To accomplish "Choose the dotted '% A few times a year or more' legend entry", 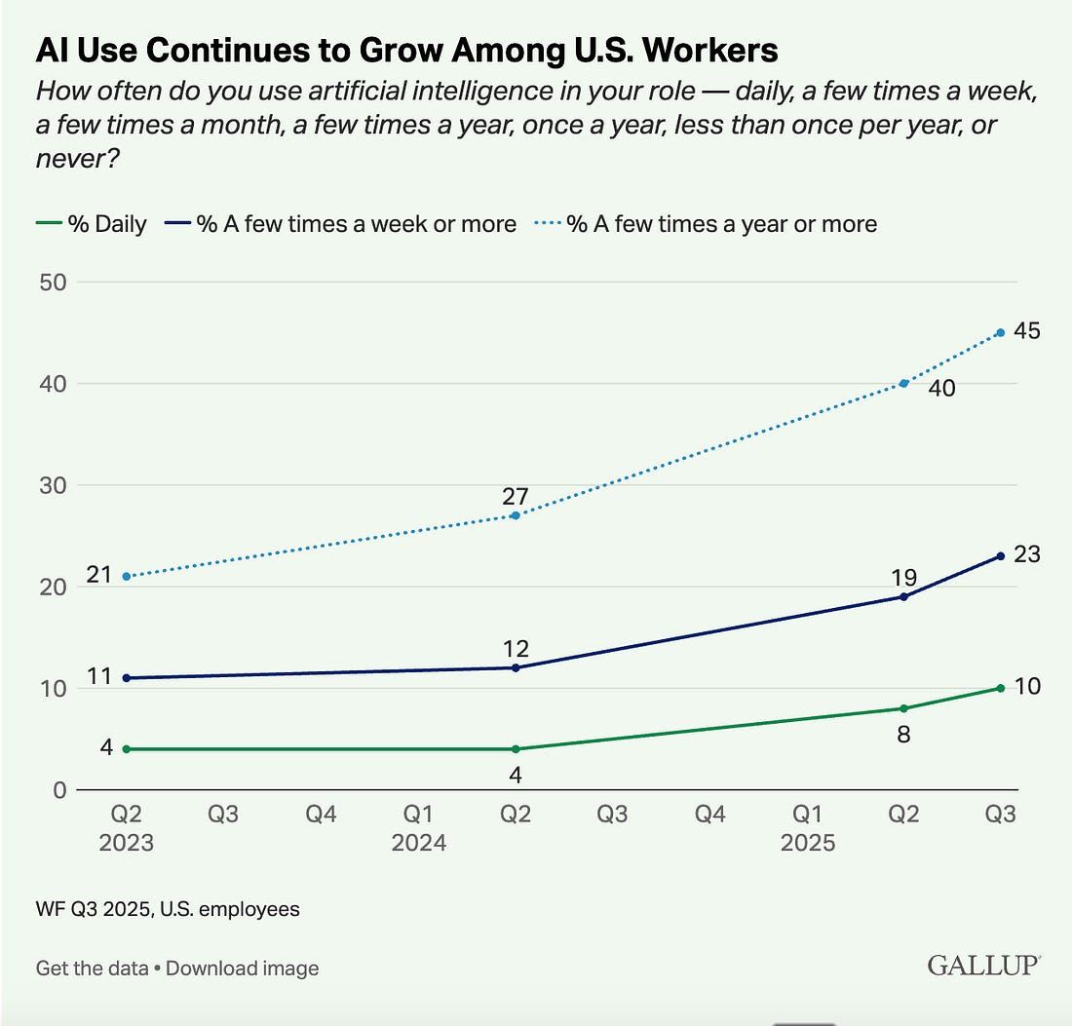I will coord(706,224).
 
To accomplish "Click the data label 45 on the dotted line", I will coord(1026,331).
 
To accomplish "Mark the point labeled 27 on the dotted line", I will coord(516,514).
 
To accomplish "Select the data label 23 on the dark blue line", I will coord(1026,555).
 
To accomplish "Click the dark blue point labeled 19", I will coord(903,596).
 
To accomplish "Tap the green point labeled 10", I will coord(1000,688).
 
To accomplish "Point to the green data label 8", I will coord(903,735).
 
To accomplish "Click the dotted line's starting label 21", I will coord(99,576).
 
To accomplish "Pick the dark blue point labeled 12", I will coord(516,667).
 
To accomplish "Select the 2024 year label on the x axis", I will coord(419,842).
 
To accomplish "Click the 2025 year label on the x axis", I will coord(807,842).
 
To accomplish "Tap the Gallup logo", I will coord(983,967).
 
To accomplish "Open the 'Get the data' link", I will coord(92,969).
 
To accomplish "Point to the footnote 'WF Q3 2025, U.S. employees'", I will coord(168,909).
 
